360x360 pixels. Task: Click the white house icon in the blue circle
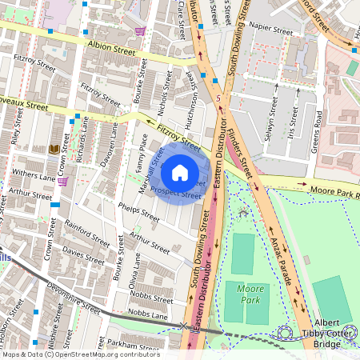click(x=180, y=172)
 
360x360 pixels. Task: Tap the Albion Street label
click(x=113, y=48)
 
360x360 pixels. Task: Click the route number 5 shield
click(x=218, y=97)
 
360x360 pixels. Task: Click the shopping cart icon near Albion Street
click(x=141, y=32)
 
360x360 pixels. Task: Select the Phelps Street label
click(x=138, y=212)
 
